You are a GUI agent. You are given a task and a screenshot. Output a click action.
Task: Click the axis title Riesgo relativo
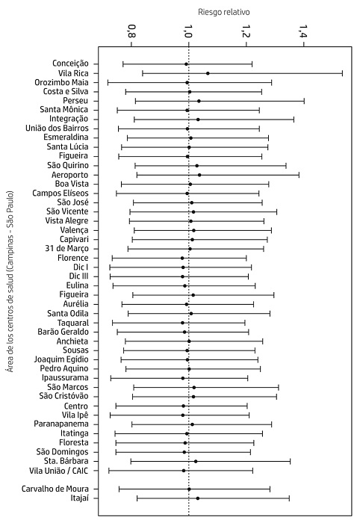tap(223, 13)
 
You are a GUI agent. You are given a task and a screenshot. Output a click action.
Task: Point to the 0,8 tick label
tap(131, 31)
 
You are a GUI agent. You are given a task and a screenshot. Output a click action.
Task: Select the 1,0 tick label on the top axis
tap(188, 31)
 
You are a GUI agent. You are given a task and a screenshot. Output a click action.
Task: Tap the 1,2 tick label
tap(246, 31)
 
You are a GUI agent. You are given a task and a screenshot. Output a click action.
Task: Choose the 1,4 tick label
tap(303, 31)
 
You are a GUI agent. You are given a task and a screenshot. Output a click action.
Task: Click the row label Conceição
tap(71, 64)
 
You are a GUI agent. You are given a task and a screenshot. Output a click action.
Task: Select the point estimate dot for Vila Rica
tap(208, 73)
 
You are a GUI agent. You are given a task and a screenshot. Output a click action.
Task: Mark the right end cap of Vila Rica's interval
tap(342, 73)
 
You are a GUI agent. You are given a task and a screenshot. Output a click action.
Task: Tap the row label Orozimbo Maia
tap(62, 82)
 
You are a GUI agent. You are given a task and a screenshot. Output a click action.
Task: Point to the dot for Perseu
tap(199, 101)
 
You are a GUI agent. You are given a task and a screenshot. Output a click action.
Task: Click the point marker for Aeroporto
tap(199, 175)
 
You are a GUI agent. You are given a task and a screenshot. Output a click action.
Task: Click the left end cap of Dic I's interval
tap(110, 267)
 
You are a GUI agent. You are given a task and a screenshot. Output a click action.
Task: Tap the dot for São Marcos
tap(194, 387)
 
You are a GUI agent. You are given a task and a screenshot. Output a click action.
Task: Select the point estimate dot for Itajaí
tap(197, 498)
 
